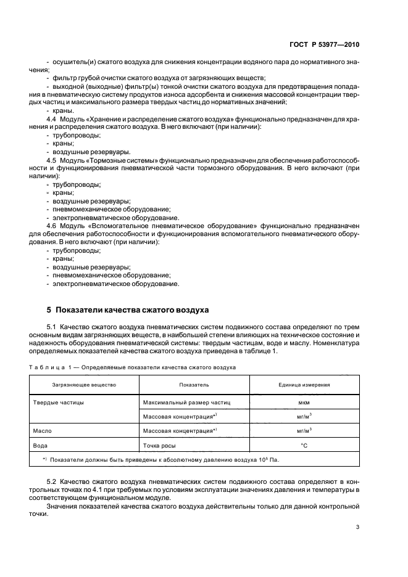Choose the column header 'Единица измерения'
click(304, 385)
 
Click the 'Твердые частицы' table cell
click(58, 402)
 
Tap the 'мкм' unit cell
click(304, 402)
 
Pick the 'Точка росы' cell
click(160, 444)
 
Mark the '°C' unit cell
click(304, 444)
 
